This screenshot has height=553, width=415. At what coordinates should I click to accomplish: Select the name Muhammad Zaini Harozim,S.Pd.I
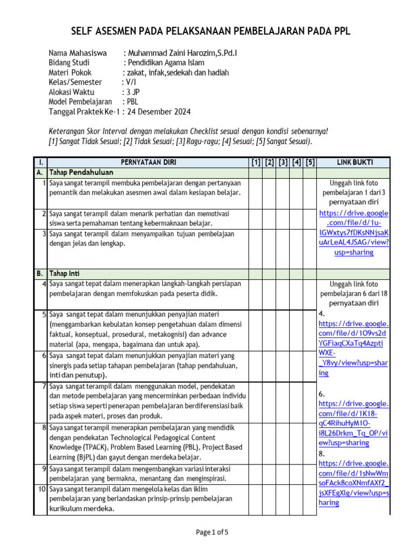(183, 53)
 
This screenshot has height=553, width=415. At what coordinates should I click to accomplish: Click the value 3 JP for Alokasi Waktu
(133, 92)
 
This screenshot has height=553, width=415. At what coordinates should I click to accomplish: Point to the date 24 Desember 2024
(158, 112)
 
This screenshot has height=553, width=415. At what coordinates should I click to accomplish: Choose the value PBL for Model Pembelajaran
(133, 102)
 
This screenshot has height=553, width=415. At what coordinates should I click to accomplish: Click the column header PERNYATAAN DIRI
(148, 162)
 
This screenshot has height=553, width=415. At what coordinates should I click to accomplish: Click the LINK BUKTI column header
(354, 162)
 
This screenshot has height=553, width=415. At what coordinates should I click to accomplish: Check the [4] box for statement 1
(296, 193)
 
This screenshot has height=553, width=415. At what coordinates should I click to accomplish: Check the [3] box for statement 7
(283, 401)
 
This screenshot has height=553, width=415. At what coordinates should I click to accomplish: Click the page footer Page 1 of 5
(212, 532)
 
